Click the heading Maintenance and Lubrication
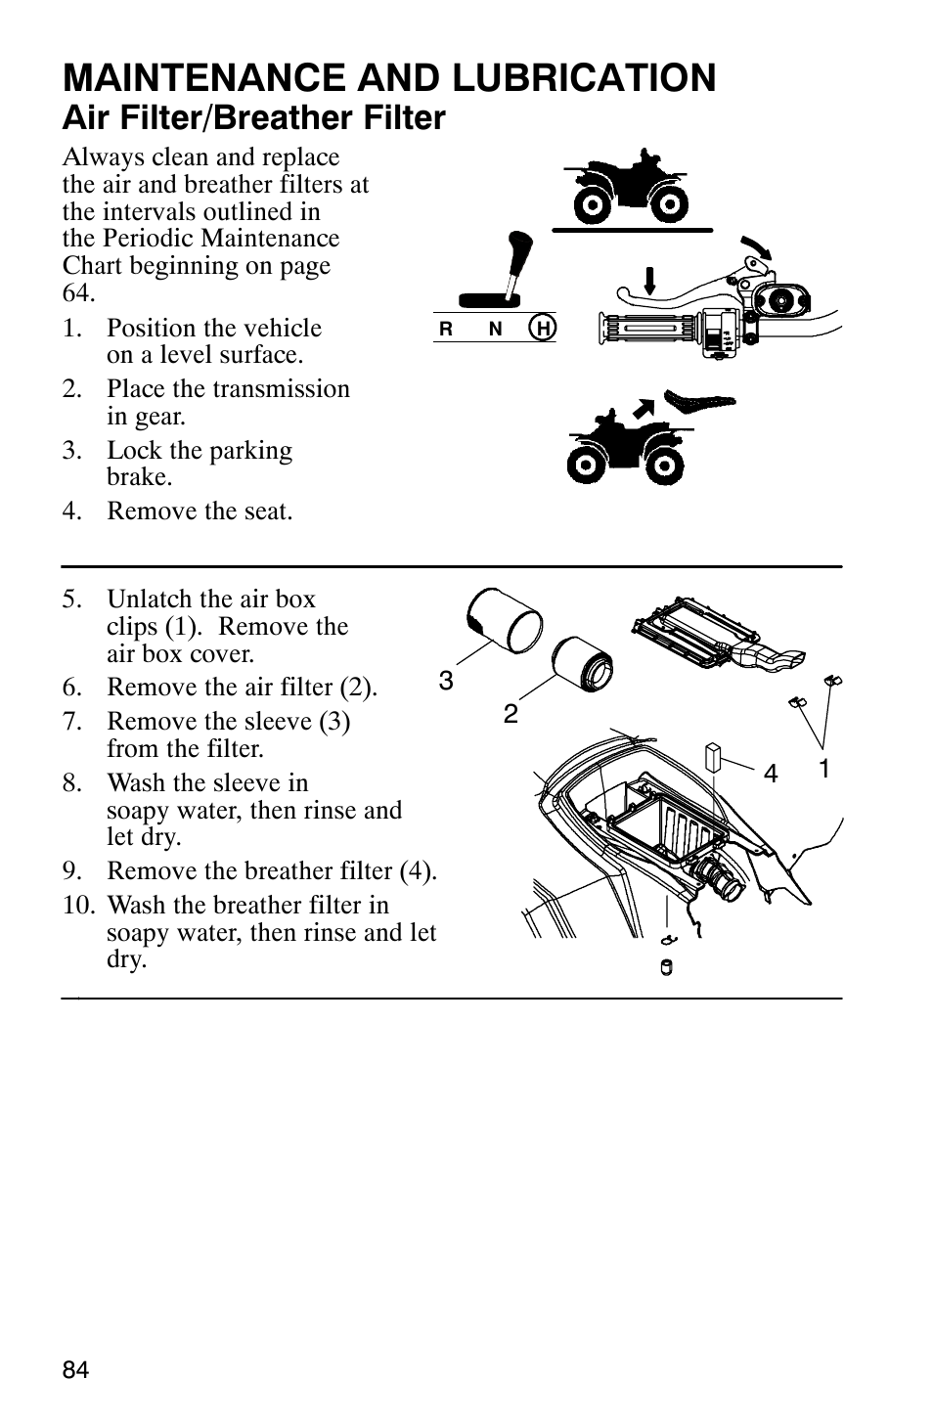[x=389, y=77]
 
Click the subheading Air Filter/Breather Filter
[x=253, y=118]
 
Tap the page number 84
[x=75, y=1370]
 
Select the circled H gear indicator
[x=542, y=329]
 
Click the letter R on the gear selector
[x=446, y=330]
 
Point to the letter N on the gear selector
[x=495, y=330]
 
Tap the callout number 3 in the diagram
[x=446, y=681]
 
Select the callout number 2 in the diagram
[x=511, y=714]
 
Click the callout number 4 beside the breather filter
[x=771, y=774]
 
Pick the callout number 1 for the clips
[x=823, y=768]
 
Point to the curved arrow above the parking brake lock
[x=757, y=245]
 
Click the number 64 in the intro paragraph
[x=78, y=292]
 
